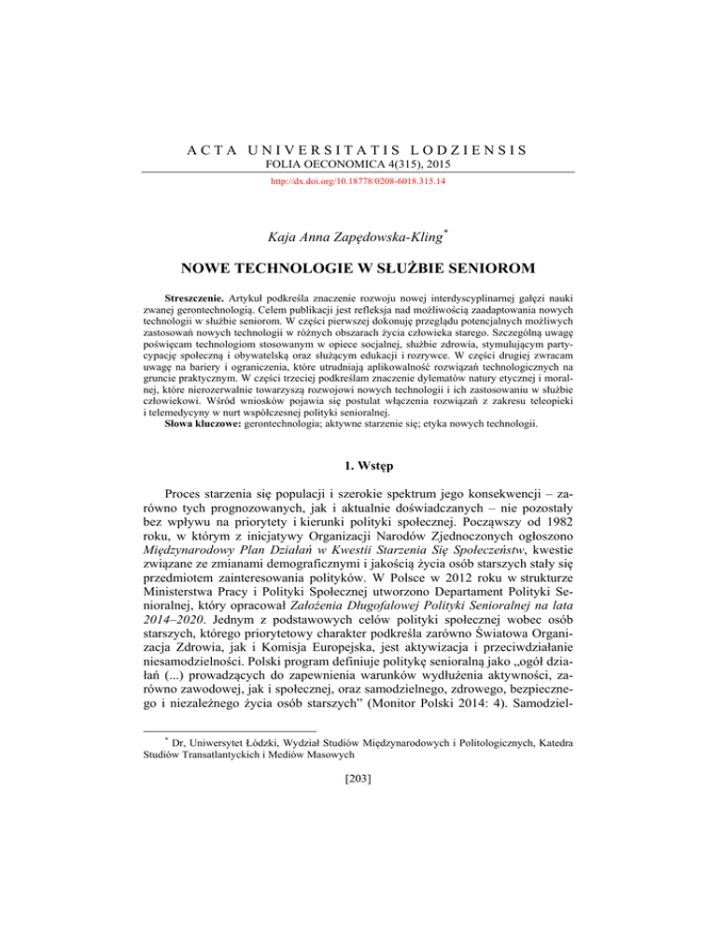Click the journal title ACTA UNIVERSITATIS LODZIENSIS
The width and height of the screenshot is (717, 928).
(x=358, y=148)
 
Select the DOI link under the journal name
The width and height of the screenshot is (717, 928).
(x=358, y=184)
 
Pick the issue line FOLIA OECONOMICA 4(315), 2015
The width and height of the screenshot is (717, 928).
(x=358, y=166)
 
